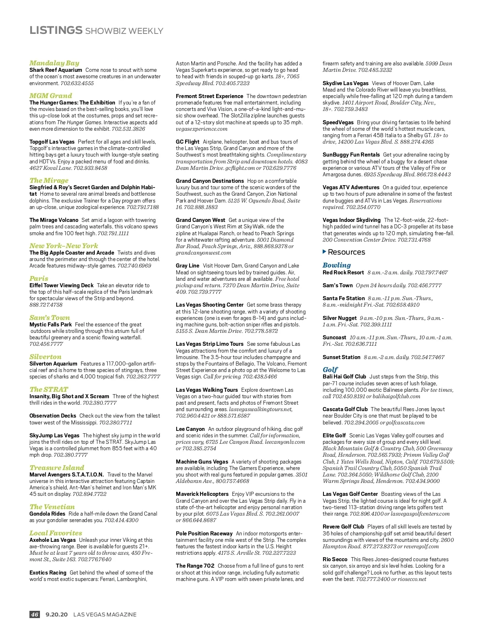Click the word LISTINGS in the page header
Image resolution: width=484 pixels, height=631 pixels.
coord(56,30)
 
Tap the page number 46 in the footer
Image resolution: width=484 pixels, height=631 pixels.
coord(35,614)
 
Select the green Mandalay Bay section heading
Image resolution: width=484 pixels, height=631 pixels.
coord(54,63)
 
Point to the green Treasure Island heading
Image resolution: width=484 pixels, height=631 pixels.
coord(56,468)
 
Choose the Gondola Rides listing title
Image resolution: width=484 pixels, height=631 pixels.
coord(47,514)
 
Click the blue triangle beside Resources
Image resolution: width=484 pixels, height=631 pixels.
coord(324,252)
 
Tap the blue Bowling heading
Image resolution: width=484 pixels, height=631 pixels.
coord(336,265)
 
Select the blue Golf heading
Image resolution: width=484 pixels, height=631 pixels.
coord(330,370)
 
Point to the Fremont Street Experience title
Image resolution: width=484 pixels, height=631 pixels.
coord(209,96)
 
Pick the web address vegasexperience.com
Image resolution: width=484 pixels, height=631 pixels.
coord(202,129)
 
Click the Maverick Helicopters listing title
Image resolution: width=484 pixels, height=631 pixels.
coord(202,494)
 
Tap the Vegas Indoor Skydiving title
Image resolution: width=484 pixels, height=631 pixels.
coord(351,220)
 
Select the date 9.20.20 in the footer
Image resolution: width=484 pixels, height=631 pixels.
coord(56,614)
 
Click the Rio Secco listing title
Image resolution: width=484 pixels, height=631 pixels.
coord(335,559)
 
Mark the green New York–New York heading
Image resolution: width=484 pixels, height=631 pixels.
coord(63,246)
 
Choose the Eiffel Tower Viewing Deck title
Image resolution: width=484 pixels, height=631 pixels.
coord(61,285)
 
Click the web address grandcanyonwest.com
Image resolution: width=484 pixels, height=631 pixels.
coord(203,253)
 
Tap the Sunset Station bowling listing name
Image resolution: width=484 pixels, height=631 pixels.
coord(341,357)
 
